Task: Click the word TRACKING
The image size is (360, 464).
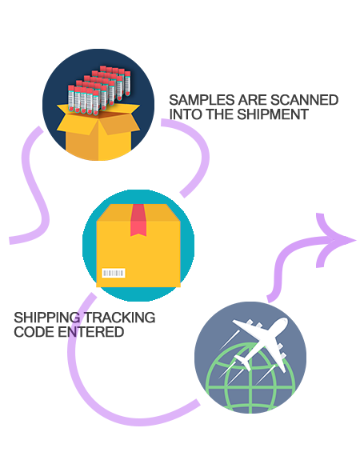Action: [x=119, y=318]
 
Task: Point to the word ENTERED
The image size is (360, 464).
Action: [x=90, y=332]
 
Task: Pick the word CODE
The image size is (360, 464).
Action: [x=34, y=332]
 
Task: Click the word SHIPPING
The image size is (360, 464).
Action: [x=47, y=318]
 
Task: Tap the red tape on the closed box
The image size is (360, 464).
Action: [x=138, y=220]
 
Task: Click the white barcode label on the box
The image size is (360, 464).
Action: [x=114, y=273]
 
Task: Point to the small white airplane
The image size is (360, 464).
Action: [x=243, y=362]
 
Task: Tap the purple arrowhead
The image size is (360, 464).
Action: [x=336, y=240]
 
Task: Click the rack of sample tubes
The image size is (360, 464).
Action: [x=99, y=90]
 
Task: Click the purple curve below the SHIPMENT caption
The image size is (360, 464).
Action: [x=201, y=154]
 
